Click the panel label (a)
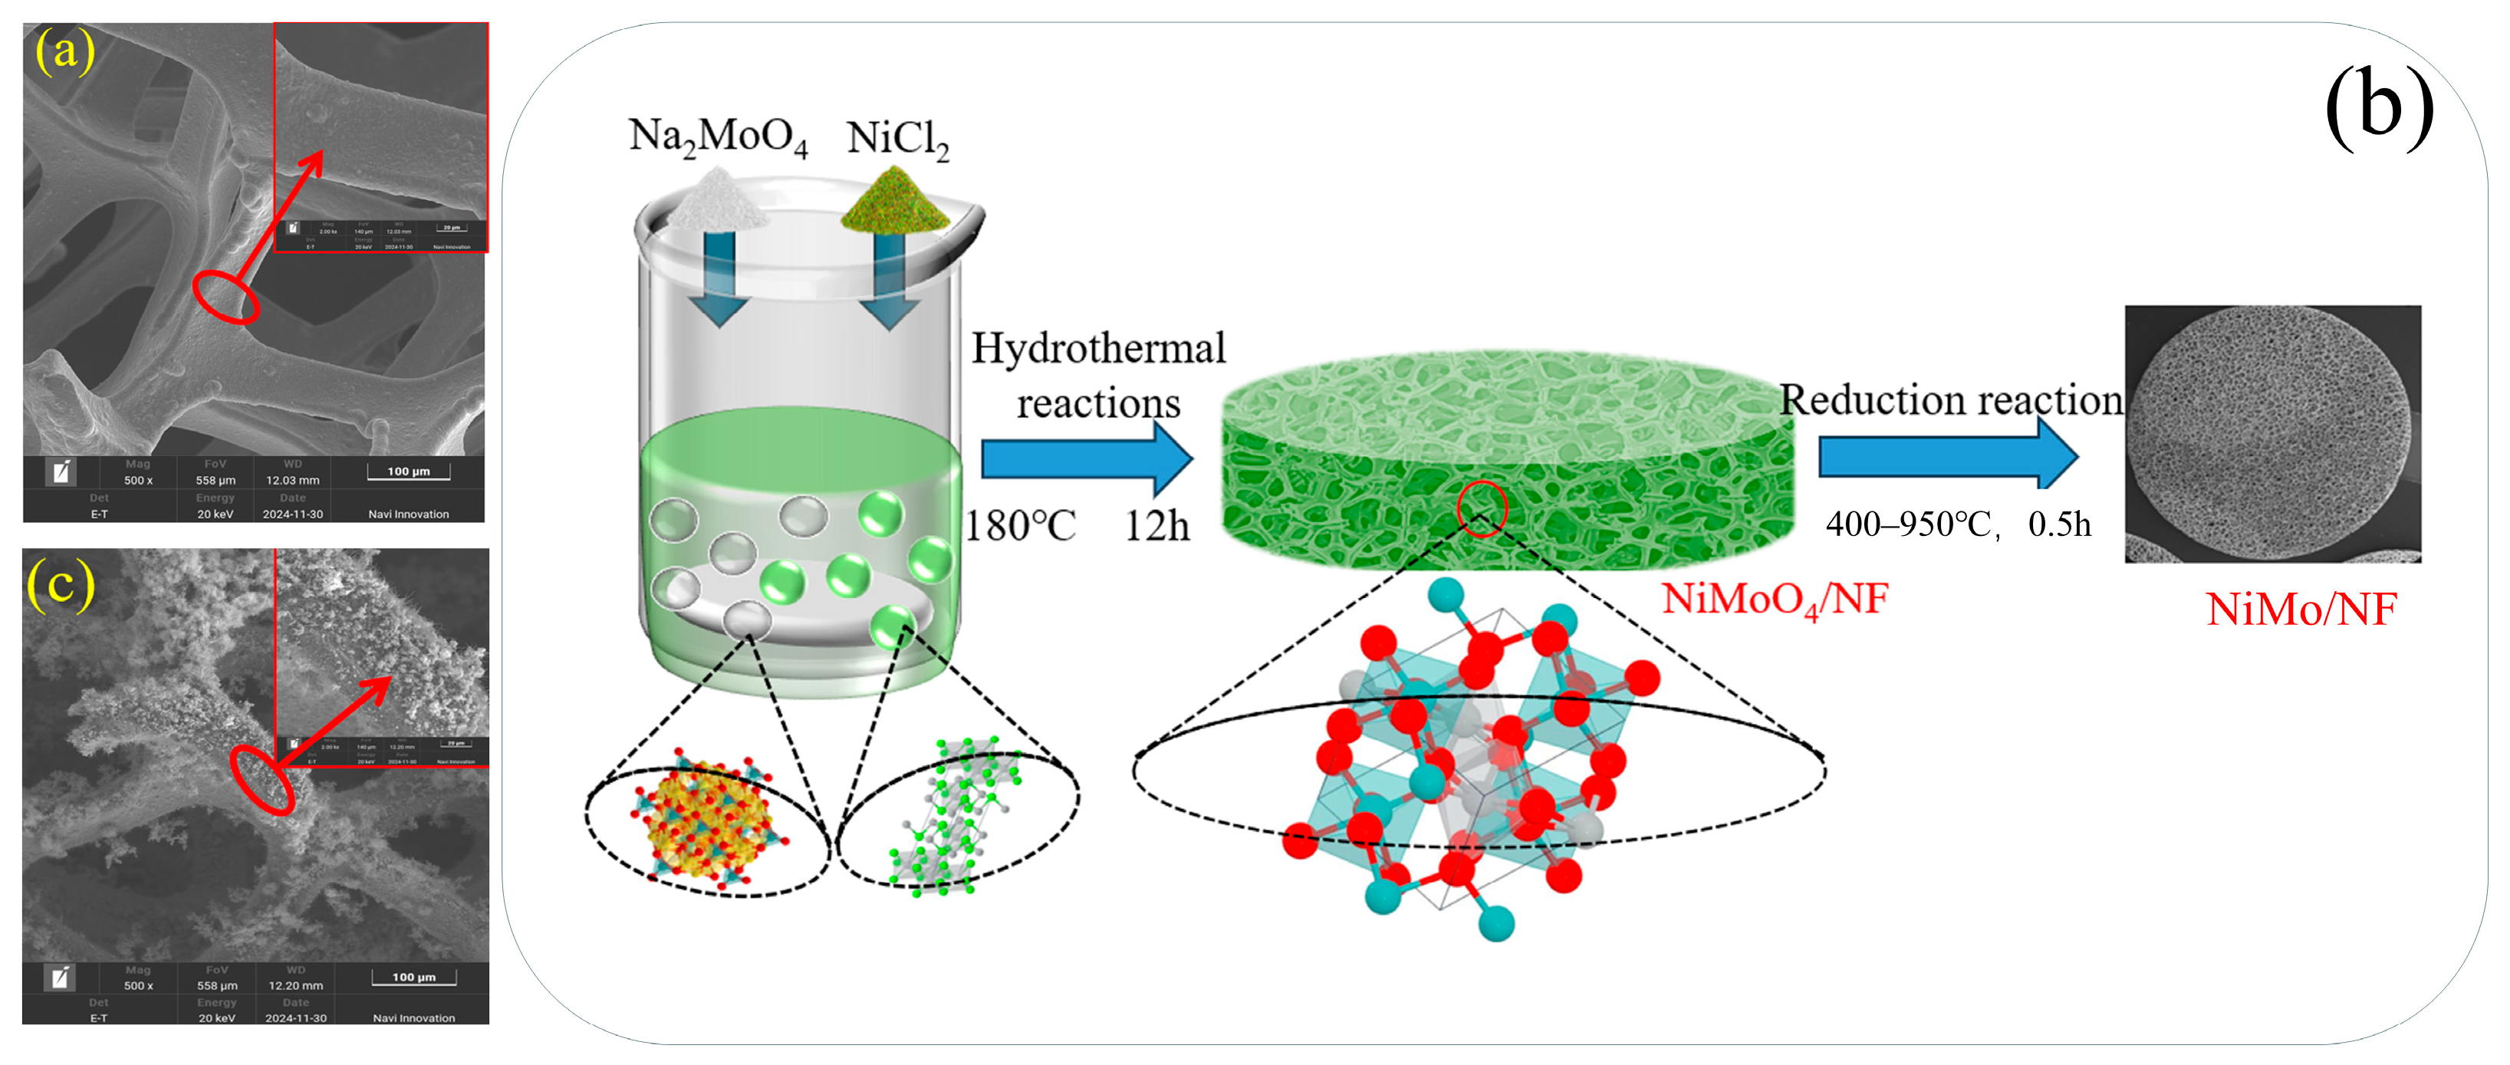pos(64,51)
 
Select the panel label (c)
pos(61,584)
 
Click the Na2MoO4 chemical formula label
pos(718,137)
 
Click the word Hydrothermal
pos(1098,349)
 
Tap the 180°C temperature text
pos(1020,526)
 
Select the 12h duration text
pos(1156,526)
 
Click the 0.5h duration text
pos(2059,524)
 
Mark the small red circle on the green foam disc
pos(1481,508)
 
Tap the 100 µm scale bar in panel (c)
pos(414,978)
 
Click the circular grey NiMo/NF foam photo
pos(2272,434)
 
